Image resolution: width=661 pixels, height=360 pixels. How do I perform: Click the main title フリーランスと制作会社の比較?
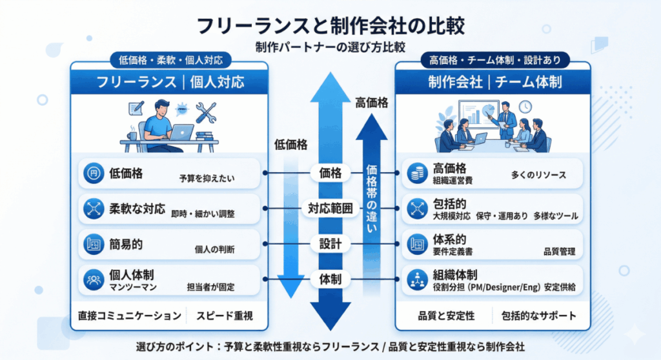click(330, 26)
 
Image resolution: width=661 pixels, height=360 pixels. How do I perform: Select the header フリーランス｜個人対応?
click(170, 82)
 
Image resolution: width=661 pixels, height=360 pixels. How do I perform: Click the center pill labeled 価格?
click(330, 173)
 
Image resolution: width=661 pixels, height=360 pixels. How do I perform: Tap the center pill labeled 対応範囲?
click(330, 208)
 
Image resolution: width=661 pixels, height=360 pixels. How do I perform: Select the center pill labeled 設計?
click(330, 244)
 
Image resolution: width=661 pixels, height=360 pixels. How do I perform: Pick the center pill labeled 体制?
click(330, 279)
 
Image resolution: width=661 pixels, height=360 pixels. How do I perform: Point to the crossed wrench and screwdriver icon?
click(206, 113)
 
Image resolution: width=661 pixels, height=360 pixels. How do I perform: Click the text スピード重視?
click(226, 316)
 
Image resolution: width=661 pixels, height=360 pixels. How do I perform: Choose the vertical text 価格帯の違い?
click(372, 200)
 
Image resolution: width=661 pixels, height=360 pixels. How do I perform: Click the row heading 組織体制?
click(455, 274)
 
